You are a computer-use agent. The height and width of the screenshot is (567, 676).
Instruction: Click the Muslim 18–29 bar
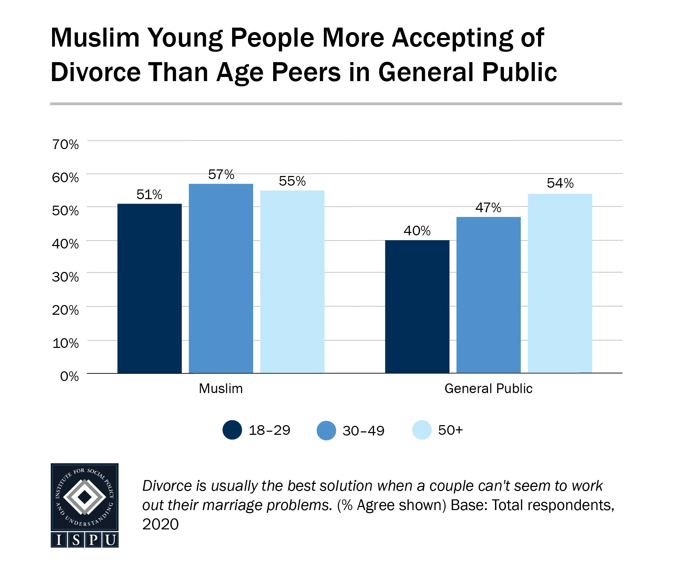click(149, 289)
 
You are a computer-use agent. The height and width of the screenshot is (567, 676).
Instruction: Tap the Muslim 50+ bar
click(292, 282)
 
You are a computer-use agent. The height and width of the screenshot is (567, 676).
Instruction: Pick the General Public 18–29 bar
click(417, 306)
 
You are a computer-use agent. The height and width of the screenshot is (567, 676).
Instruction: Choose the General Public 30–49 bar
click(488, 295)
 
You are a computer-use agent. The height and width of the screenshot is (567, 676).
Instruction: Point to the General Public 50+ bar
click(560, 283)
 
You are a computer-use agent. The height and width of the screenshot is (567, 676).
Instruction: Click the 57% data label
click(221, 175)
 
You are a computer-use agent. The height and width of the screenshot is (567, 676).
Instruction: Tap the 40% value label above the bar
click(417, 231)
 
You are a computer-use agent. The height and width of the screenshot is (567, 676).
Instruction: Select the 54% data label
click(560, 183)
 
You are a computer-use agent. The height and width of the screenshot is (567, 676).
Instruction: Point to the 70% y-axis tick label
click(65, 144)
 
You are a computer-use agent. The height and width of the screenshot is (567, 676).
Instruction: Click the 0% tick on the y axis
click(69, 376)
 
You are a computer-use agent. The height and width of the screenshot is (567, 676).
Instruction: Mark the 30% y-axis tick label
click(65, 277)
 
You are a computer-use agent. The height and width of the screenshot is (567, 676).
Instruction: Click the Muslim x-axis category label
click(221, 389)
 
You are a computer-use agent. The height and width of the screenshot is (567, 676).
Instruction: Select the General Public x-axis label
click(488, 389)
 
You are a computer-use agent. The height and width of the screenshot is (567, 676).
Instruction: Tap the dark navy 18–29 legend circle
click(232, 430)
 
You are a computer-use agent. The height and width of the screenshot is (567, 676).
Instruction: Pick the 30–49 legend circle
click(326, 430)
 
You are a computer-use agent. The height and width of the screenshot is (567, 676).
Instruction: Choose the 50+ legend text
click(450, 430)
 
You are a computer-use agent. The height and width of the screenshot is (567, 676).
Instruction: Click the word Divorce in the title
click(96, 72)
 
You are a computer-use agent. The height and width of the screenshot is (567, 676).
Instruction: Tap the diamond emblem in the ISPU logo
click(84, 497)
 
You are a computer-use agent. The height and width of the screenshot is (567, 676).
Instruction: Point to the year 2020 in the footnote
click(160, 524)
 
